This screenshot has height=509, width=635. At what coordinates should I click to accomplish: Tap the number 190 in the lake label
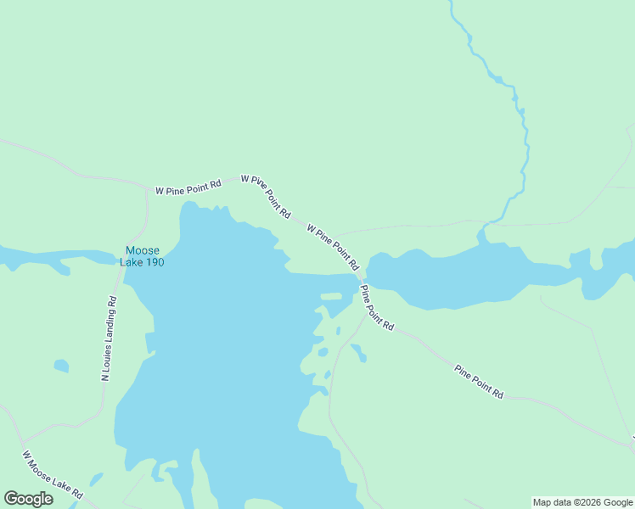tap(153, 262)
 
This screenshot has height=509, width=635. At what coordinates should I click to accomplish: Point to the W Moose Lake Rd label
tap(53, 475)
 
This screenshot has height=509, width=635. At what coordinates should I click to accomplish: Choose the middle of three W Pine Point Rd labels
tap(266, 197)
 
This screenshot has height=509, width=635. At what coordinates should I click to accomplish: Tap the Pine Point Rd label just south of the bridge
tap(377, 307)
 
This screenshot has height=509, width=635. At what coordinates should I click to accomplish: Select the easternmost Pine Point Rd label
tap(479, 383)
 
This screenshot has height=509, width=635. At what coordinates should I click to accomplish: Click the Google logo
tap(28, 499)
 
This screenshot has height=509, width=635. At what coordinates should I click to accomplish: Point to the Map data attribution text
tap(583, 502)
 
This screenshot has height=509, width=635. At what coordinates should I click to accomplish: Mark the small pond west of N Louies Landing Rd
tap(61, 366)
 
